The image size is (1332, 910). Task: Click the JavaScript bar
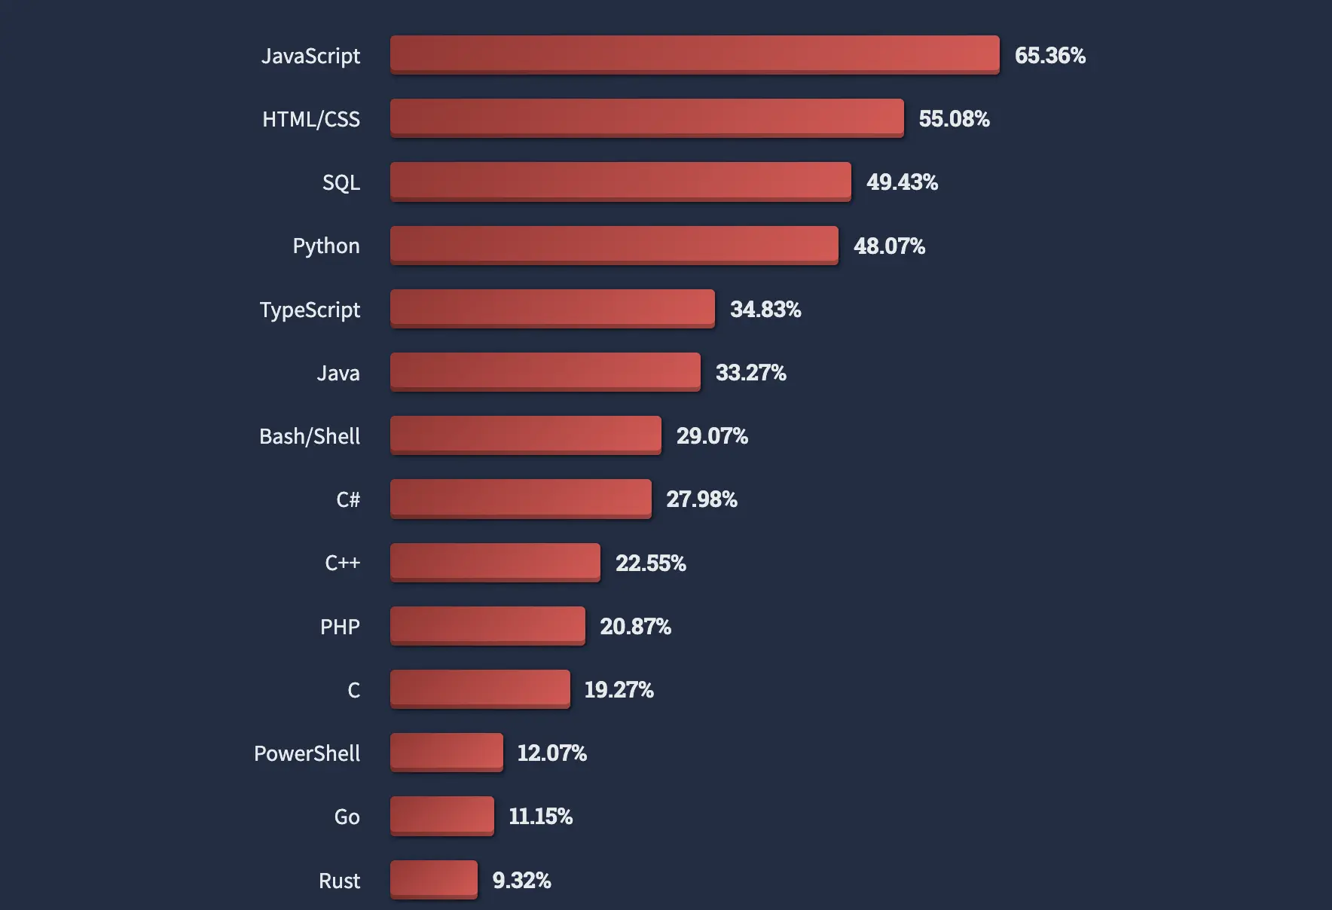695,54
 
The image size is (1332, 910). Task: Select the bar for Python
614,245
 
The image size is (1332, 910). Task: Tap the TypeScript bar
552,308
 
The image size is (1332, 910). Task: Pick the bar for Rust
434,879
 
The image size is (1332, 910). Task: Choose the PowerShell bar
447,752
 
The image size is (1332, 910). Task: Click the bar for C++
495,562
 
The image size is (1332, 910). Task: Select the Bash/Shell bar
526,435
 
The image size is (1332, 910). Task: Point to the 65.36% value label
1050,55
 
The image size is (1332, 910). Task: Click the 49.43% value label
902,182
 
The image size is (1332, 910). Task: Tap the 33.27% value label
750,372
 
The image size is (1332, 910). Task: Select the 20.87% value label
635,626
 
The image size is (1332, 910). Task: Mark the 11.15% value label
540,816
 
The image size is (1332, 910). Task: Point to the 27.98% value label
701,499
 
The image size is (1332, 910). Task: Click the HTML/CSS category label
311,119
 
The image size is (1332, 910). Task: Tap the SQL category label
341,182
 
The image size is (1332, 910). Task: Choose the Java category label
338,373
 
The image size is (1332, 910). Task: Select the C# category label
348,499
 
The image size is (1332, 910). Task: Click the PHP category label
340,627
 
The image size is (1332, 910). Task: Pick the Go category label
347,817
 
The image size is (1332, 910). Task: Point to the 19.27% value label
619,689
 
